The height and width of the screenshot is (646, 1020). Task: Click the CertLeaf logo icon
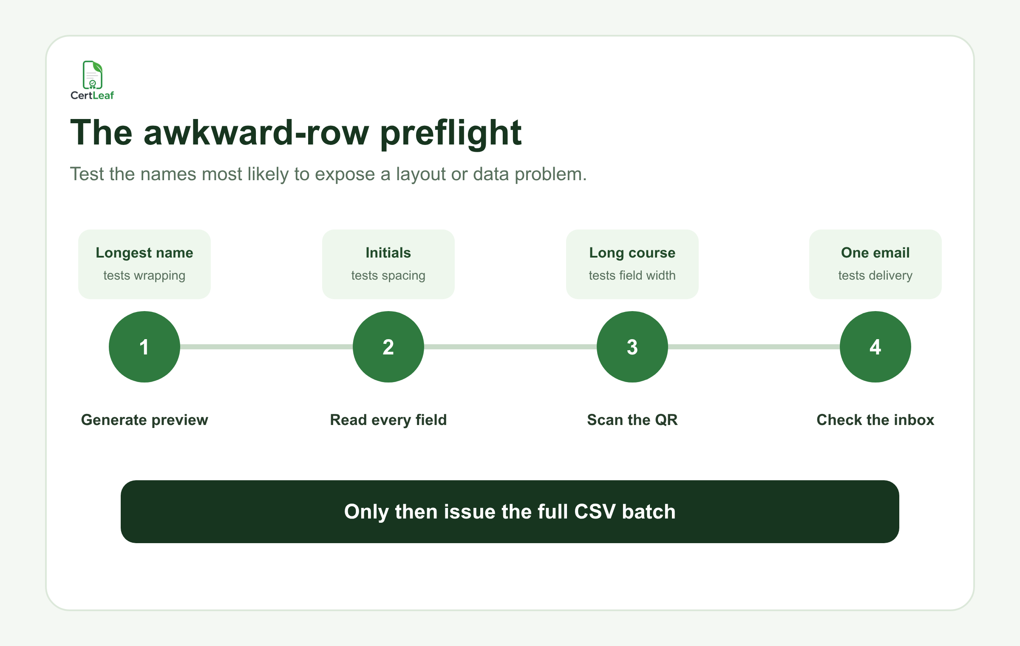(x=92, y=75)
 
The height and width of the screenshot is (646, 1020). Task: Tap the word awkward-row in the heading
(x=256, y=133)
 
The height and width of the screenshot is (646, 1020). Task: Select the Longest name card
(x=144, y=264)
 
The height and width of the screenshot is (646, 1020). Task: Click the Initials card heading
(x=388, y=253)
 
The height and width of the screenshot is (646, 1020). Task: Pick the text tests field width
(x=632, y=275)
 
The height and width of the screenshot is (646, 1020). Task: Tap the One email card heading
(x=875, y=253)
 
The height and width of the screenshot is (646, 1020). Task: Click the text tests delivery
(x=875, y=276)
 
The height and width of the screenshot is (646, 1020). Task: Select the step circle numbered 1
(x=144, y=347)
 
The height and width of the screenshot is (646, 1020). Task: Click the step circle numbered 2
(x=388, y=347)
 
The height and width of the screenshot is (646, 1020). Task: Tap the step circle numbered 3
(x=632, y=347)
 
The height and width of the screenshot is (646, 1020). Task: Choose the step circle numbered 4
(x=875, y=347)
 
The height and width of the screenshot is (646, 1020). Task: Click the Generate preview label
(x=144, y=420)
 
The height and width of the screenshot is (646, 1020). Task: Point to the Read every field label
(x=388, y=420)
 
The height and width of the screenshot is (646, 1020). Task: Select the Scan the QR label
(x=632, y=420)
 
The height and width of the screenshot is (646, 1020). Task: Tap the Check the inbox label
(x=875, y=420)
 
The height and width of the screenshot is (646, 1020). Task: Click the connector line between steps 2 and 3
(x=510, y=347)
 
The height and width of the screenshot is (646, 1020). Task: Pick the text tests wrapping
(x=144, y=276)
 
